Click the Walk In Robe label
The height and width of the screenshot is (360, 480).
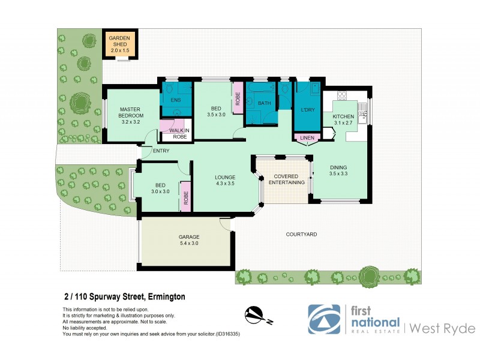tap(179, 133)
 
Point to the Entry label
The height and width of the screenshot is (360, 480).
tap(161, 151)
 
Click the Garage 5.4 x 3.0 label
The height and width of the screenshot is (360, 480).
tap(188, 240)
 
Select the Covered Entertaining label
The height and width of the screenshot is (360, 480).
tap(286, 179)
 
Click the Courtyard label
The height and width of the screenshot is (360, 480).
tap(301, 234)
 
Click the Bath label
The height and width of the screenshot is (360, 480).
tap(265, 103)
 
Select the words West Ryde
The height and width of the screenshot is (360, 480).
tap(442, 328)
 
